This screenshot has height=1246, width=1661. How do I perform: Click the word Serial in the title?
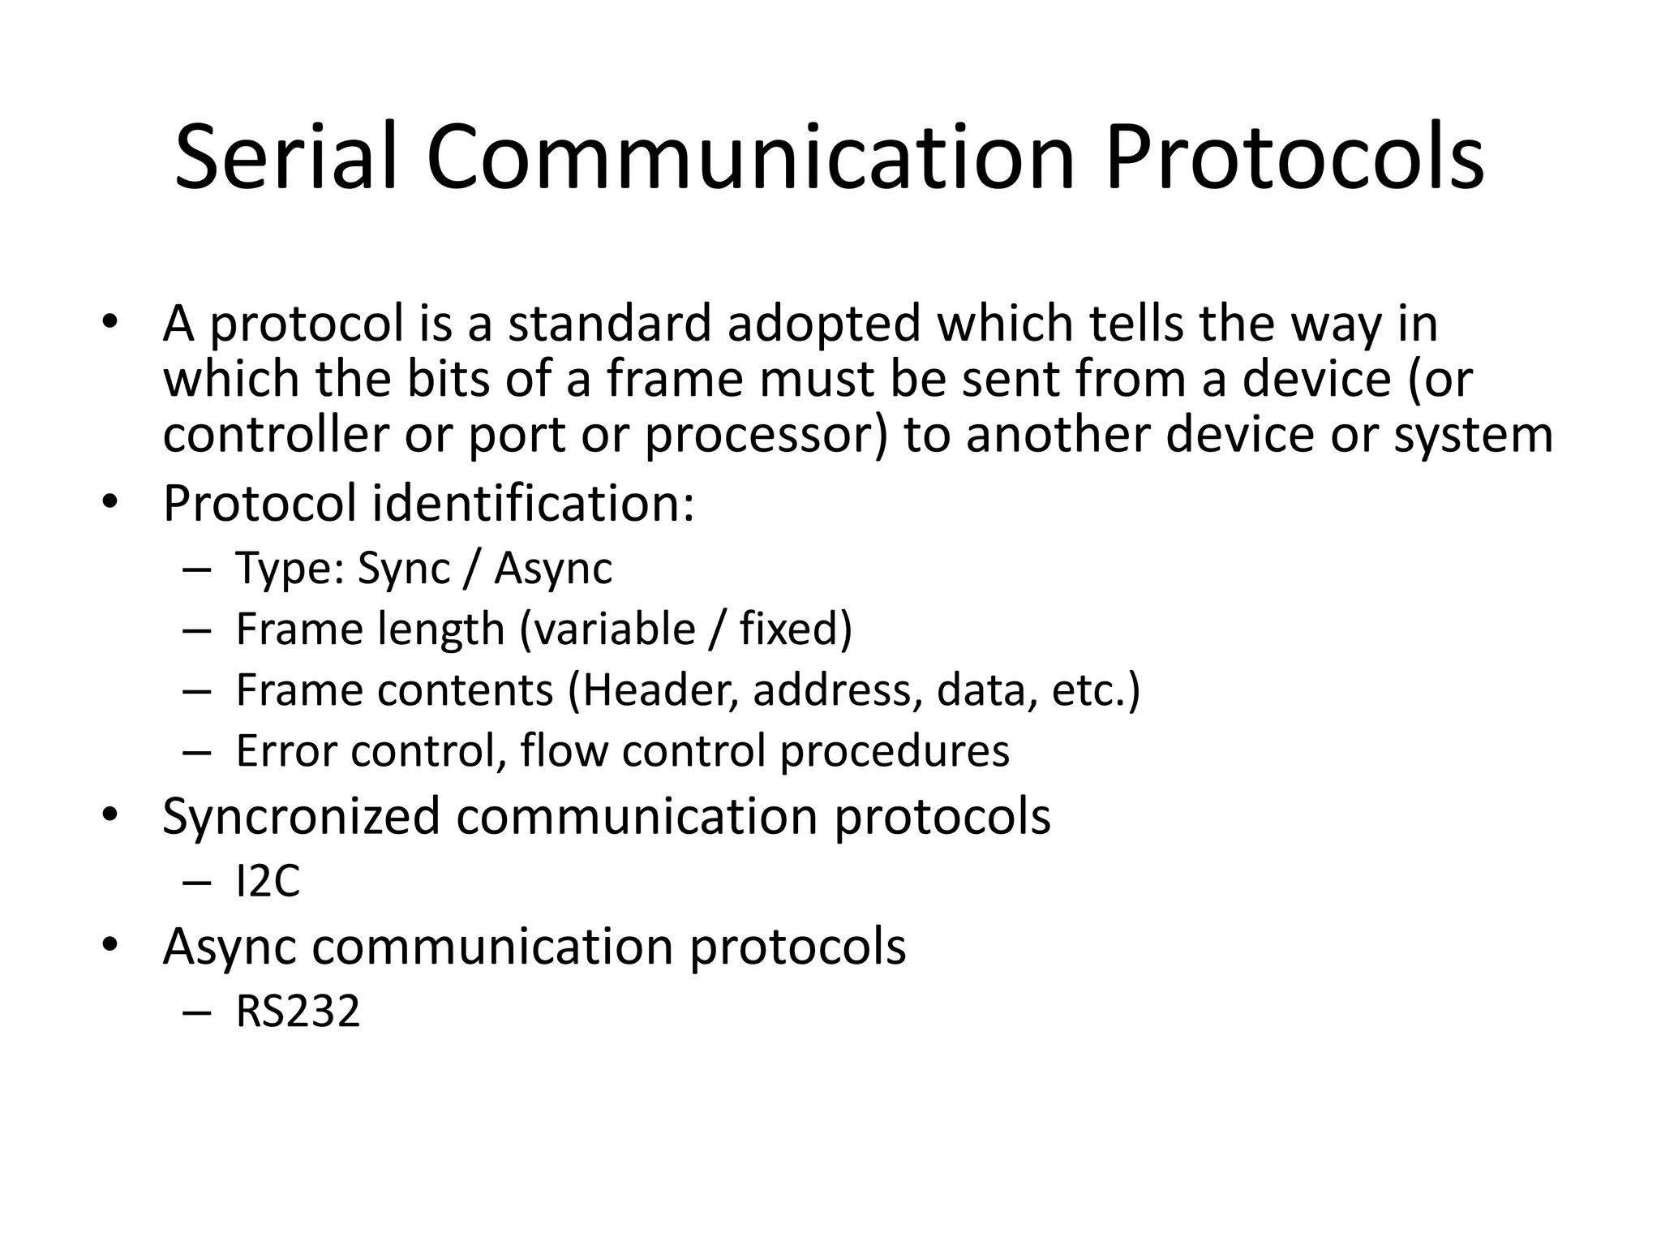286,157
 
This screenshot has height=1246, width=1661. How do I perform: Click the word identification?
533,504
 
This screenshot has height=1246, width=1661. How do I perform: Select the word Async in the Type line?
553,569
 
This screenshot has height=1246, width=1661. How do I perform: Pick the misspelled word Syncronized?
301,816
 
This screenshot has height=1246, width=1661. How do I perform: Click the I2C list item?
268,881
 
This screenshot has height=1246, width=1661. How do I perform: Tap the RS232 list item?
298,1012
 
